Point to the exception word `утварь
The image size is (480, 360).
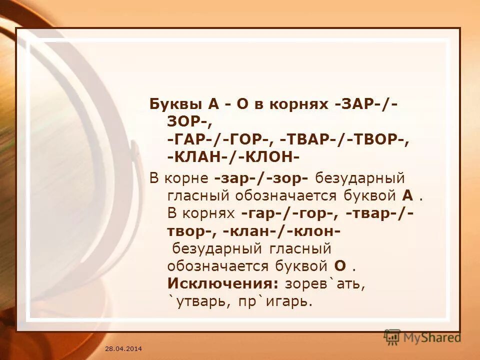pyautogui.click(x=196, y=301)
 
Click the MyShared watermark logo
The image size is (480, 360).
pyautogui.click(x=422, y=337)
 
